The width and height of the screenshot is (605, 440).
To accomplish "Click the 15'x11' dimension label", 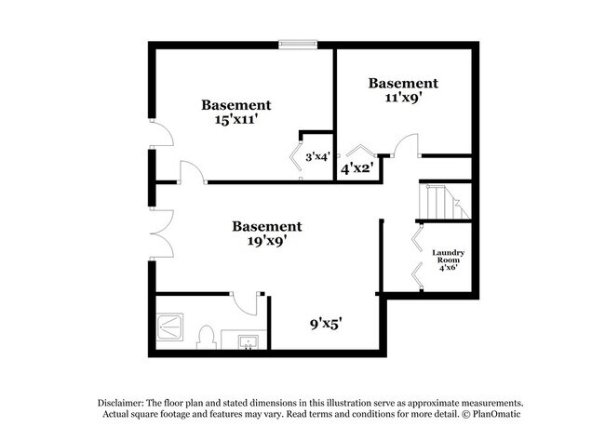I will (x=236, y=121).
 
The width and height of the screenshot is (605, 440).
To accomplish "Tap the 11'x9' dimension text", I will (x=402, y=99).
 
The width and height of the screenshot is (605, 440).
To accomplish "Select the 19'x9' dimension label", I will (x=266, y=241).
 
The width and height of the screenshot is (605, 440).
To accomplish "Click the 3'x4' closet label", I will (x=316, y=157).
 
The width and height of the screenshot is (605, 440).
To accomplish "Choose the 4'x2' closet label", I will (x=356, y=169).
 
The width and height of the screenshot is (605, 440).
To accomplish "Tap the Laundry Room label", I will (x=448, y=260).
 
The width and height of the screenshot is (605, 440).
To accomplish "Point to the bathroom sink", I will (x=249, y=342).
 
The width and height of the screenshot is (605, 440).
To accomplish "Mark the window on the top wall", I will (x=299, y=42).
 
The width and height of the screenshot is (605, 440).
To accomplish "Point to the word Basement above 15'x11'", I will (x=236, y=105).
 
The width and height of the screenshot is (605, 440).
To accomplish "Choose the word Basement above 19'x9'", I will (x=266, y=226).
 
